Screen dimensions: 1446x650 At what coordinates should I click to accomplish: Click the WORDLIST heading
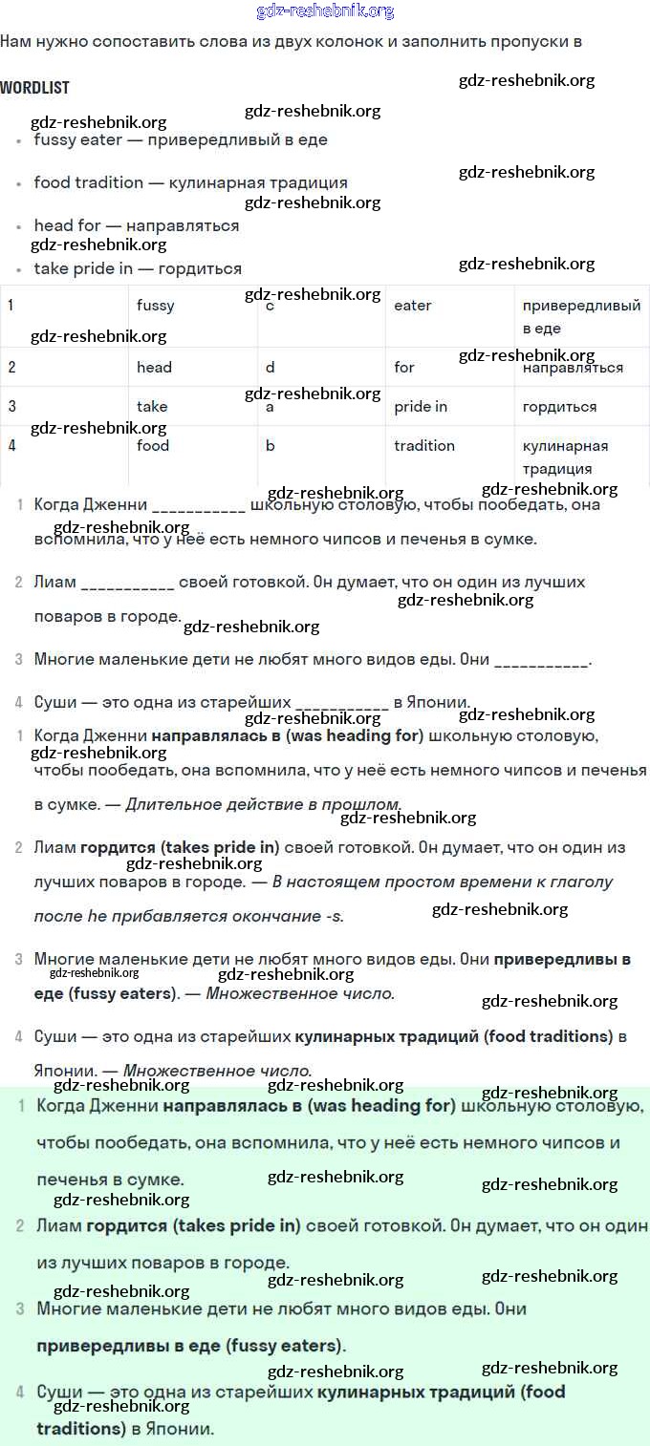[35, 88]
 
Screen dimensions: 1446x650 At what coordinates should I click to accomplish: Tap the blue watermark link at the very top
[325, 11]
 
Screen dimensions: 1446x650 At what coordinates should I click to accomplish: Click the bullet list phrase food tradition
[89, 182]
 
